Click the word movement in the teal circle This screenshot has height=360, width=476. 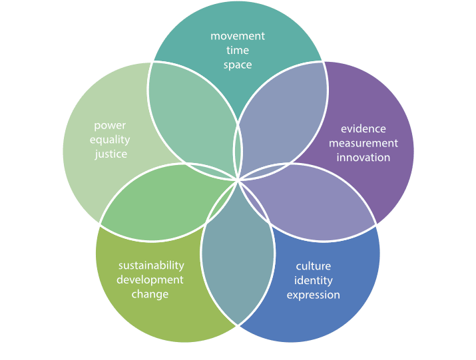238,36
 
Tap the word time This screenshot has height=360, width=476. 238,51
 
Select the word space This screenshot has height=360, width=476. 238,65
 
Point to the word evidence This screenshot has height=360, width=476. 363,128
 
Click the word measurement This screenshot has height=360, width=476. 363,143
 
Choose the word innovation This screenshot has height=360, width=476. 363,158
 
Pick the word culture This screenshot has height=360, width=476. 313,266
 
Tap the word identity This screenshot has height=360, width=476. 313,281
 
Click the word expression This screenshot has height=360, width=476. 313,295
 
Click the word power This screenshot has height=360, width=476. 110,125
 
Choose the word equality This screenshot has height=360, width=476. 110,140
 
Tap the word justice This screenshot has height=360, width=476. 110,154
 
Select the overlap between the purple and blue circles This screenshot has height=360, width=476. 313,203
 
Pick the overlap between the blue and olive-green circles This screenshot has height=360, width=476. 238,260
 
